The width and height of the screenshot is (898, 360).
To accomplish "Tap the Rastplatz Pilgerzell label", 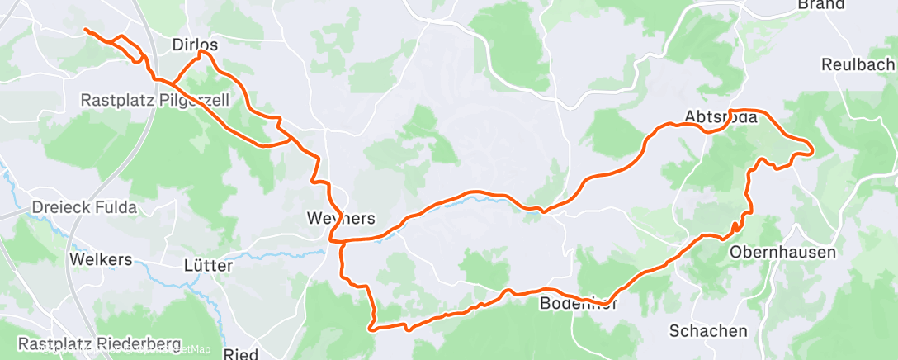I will [x=155, y=100].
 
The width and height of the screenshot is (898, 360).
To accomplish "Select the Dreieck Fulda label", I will [x=84, y=207].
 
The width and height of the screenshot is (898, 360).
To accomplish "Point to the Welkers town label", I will [x=102, y=259].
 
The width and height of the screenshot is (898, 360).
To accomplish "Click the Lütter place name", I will [x=208, y=267].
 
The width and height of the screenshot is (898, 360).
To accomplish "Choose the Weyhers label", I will [x=341, y=219].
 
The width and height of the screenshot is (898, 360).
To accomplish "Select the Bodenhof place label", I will [x=578, y=304].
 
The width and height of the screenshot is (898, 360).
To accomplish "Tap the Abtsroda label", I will [x=721, y=116].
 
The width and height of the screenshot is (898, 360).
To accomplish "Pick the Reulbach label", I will [x=858, y=64].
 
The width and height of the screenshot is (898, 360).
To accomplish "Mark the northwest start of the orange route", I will [x=86, y=30].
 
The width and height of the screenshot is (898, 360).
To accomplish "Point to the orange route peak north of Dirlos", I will [x=201, y=52].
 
